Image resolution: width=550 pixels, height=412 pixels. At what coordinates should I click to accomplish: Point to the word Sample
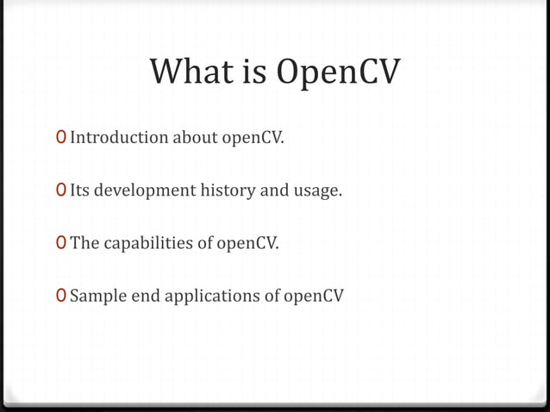pos(95,297)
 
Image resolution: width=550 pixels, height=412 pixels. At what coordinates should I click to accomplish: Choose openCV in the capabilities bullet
pos(248,244)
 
